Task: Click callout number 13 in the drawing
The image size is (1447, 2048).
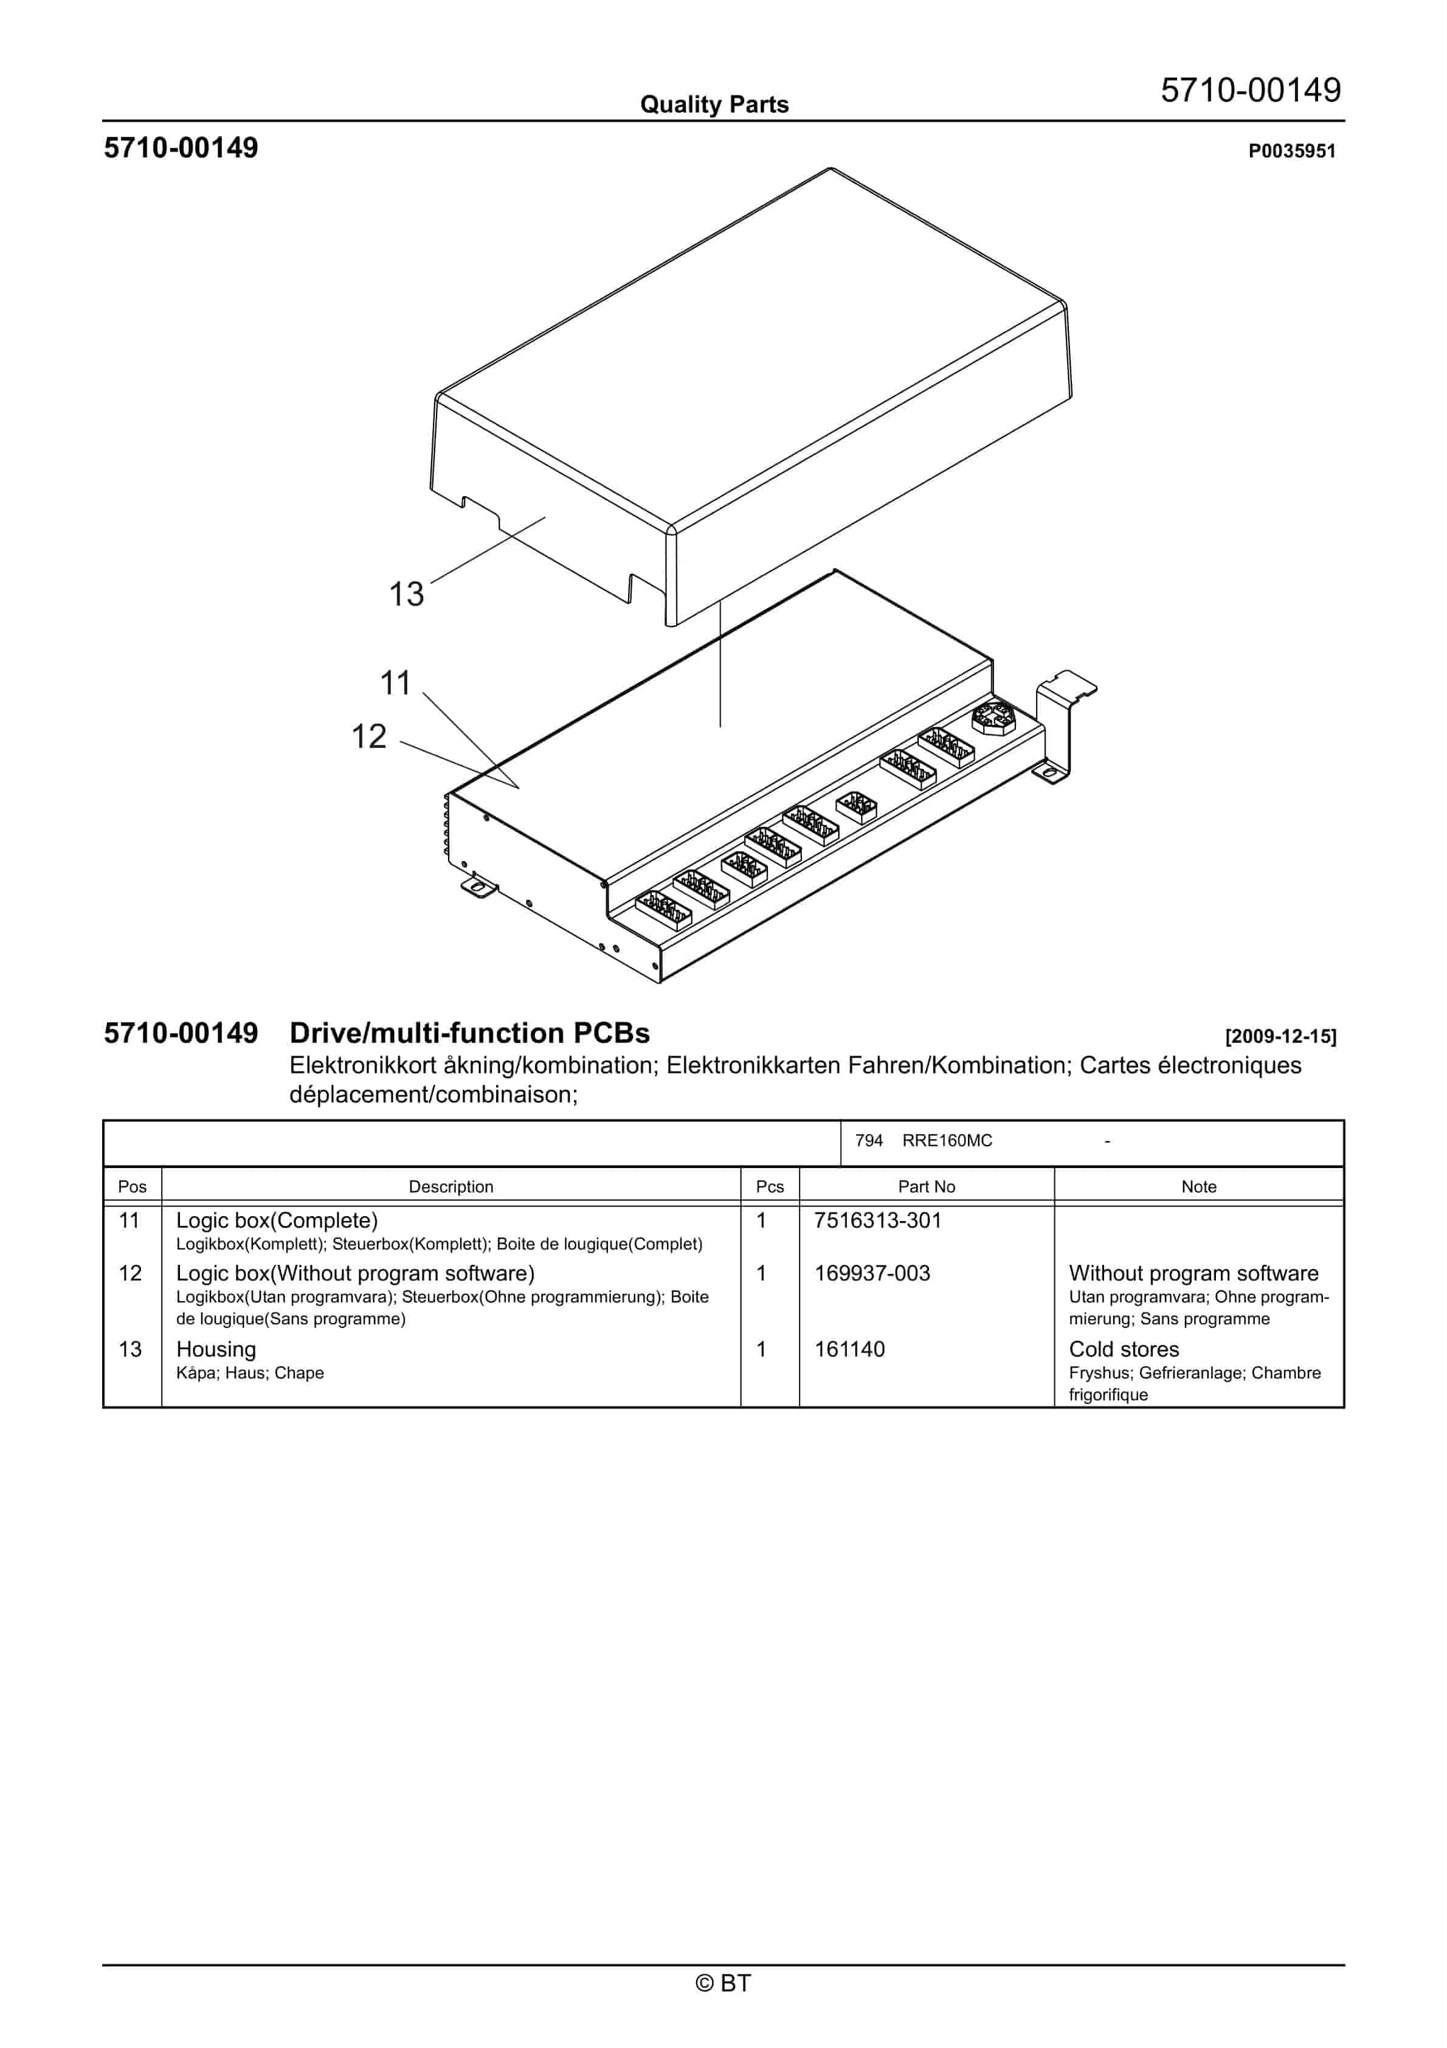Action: [406, 594]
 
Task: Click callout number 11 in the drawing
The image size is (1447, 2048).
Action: [395, 683]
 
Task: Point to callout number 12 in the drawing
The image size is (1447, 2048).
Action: [368, 737]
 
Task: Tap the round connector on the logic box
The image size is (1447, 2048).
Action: [993, 717]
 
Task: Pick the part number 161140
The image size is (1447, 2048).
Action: [849, 1349]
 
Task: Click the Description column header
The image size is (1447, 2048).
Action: [451, 1186]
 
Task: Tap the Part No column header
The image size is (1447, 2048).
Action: [926, 1186]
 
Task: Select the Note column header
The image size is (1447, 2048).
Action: [1198, 1186]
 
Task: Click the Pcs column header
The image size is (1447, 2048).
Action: [769, 1186]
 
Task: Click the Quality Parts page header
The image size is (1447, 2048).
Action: [714, 105]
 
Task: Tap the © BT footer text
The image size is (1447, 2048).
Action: [723, 1983]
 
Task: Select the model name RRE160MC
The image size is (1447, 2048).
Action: [947, 1141]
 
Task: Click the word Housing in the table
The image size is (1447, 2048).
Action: [216, 1349]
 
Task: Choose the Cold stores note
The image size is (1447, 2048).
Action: [1123, 1349]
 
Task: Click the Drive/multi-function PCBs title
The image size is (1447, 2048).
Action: [469, 1033]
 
